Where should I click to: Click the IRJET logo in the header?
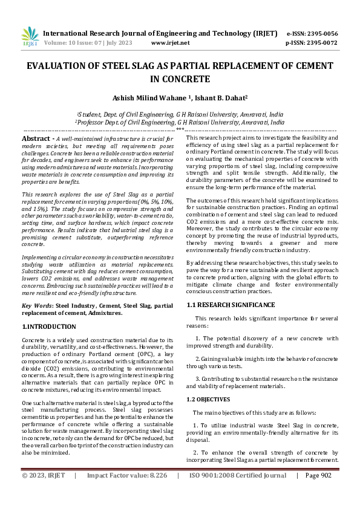pyautogui.click(x=30, y=37)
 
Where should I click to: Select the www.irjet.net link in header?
pyautogui.click(x=170, y=43)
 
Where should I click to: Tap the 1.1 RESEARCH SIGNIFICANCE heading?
pyautogui.click(x=231, y=305)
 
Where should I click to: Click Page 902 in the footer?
pyautogui.click(x=318, y=493)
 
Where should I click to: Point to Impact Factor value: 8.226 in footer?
pyautogui.click(x=126, y=493)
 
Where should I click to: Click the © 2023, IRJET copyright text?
pyautogui.click(x=44, y=493)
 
